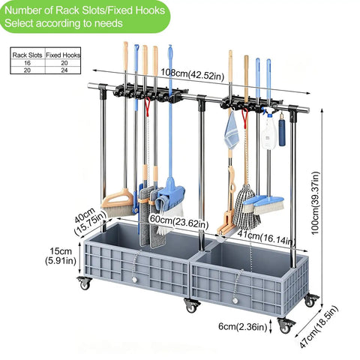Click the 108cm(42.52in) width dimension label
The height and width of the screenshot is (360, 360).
coord(192,74)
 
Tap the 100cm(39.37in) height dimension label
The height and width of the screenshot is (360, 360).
coord(316,203)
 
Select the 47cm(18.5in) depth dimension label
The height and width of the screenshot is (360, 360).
coord(319,326)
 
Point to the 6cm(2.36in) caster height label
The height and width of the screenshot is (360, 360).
coord(243,326)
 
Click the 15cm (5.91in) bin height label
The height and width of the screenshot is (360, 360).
coord(61,256)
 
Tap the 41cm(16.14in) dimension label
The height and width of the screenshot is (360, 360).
coord(266,238)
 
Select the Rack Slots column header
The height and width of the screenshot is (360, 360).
coord(27,55)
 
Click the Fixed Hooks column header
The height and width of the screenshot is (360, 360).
coord(63,55)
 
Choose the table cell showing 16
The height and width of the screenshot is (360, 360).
coord(27,63)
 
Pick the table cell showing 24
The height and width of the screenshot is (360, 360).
coord(64,70)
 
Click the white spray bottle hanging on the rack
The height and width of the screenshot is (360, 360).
coord(269,131)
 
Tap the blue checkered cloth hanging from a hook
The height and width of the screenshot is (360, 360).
coord(232,130)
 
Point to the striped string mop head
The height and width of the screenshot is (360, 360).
coord(247,208)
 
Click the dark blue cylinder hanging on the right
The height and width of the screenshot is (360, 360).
coord(282,133)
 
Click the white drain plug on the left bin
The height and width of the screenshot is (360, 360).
coord(134,280)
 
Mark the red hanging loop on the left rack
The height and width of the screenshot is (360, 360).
coord(148,106)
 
